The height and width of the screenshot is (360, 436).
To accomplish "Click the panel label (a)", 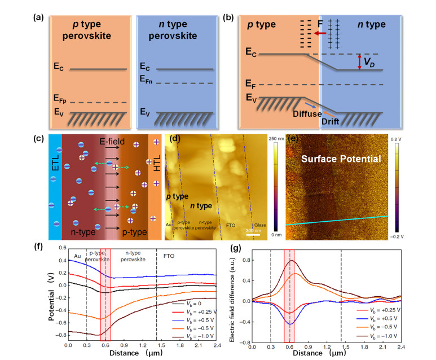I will tap(40, 16).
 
